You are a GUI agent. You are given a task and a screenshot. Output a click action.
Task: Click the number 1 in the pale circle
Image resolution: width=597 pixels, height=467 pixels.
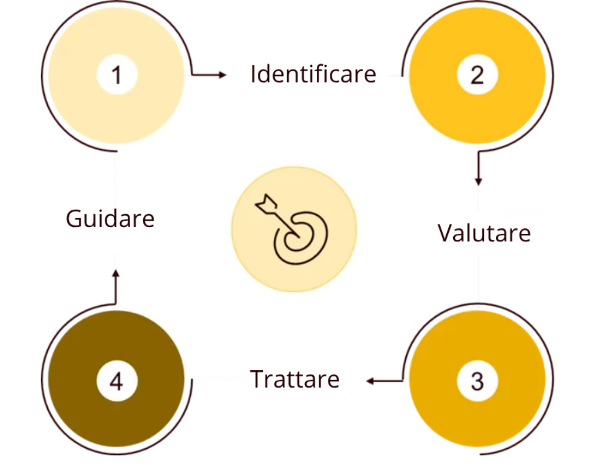point(116,76)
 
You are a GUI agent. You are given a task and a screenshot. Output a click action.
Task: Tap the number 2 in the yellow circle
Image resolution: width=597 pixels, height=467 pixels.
point(477,75)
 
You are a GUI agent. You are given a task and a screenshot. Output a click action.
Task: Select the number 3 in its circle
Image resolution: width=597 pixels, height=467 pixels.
point(477,381)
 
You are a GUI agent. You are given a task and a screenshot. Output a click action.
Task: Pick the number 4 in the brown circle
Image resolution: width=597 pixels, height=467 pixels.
point(116,381)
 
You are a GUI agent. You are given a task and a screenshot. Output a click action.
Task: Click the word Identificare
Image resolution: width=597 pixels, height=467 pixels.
point(313,74)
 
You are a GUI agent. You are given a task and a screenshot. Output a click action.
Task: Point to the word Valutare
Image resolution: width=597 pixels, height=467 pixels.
point(484,233)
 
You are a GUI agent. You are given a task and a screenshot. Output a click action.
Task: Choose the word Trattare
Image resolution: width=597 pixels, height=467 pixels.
point(294,379)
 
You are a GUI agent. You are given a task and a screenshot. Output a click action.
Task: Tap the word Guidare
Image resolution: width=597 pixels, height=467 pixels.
point(110,219)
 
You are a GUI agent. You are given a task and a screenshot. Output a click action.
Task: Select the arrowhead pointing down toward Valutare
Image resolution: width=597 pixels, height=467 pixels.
point(478,180)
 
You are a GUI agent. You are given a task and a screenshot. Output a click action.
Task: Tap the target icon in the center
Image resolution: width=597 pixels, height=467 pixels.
point(294,229)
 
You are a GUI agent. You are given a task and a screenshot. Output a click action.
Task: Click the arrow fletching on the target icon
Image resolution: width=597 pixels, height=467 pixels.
point(265,203)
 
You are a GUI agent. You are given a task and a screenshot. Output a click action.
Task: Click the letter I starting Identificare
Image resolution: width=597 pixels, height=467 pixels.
point(253,74)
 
